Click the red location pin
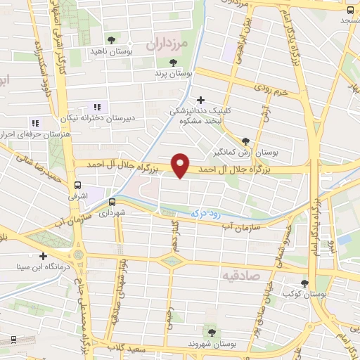tap(181, 165)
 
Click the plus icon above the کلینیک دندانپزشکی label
tap(202, 101)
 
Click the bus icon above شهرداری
tap(112, 202)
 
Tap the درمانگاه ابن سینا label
tap(44, 267)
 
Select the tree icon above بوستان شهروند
tap(210, 331)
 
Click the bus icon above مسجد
tap(350, 10)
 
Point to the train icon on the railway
tap(13, 340)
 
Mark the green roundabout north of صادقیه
tap(169, 262)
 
